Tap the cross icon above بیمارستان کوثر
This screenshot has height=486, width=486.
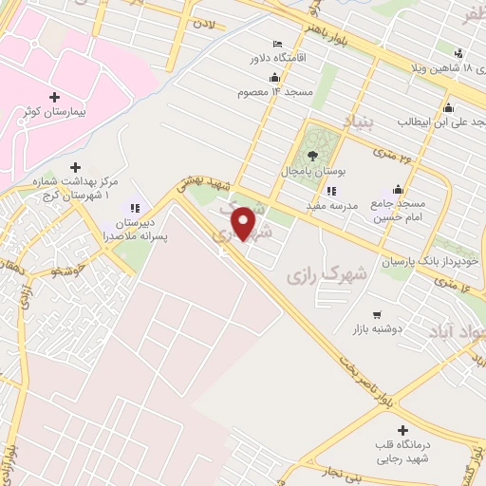(54, 97)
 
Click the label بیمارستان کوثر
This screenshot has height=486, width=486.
(54, 112)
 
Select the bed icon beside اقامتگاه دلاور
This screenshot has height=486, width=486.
(277, 44)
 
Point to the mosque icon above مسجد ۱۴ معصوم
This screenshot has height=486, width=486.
(275, 78)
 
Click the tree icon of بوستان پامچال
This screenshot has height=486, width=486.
(313, 156)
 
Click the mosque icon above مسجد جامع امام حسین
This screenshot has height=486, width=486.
(399, 190)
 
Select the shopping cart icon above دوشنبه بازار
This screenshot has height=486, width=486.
(377, 314)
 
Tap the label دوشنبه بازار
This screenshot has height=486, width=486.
(376, 328)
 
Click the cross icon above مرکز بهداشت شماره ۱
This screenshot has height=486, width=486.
(76, 167)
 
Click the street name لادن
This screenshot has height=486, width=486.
(205, 20)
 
